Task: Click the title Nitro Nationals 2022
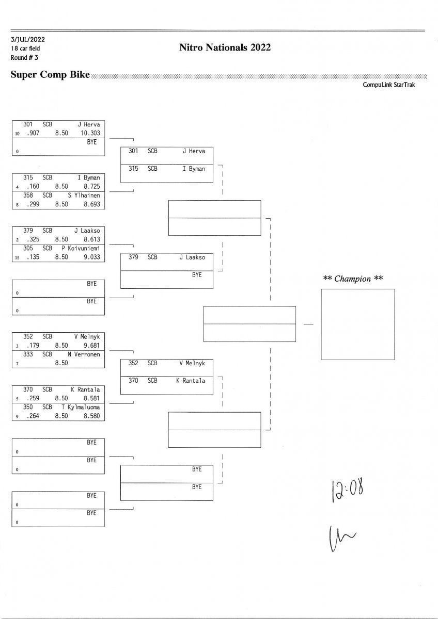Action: pyautogui.click(x=225, y=48)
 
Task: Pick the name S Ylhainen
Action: pyautogui.click(x=84, y=196)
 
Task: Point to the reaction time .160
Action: pyautogui.click(x=32, y=187)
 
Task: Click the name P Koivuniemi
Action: pyautogui.click(x=84, y=248)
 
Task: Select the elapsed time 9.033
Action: pyautogui.click(x=91, y=257)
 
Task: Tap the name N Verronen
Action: pyautogui.click(x=84, y=354)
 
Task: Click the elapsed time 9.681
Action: pyautogui.click(x=91, y=346)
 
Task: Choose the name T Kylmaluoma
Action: pyautogui.click(x=84, y=407)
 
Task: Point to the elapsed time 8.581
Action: pyautogui.click(x=91, y=398)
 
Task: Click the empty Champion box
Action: pyautogui.click(x=357, y=324)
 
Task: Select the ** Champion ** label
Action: pyautogui.click(x=353, y=279)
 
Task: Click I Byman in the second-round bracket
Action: pyautogui.click(x=194, y=169)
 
